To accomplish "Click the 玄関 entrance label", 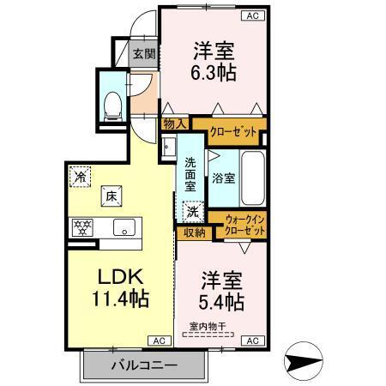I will (x=144, y=54).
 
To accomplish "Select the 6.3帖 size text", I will (x=213, y=72).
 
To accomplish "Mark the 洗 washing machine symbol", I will (x=194, y=210).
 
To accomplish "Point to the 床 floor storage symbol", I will (x=111, y=194).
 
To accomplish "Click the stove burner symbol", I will (x=85, y=227).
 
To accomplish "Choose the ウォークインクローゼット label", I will (x=245, y=227).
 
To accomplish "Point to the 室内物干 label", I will (x=207, y=327).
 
